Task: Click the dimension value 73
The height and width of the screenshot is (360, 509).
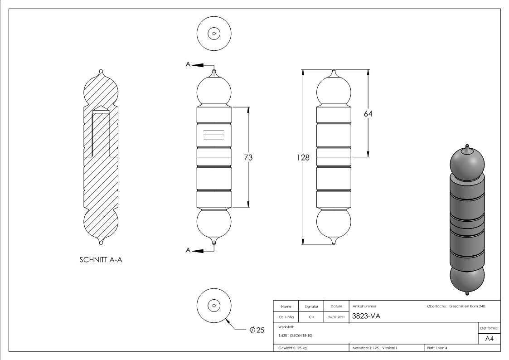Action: (x=248, y=157)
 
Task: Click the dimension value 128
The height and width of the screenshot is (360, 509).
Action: (x=303, y=157)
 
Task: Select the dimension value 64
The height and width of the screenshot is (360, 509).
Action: (x=368, y=114)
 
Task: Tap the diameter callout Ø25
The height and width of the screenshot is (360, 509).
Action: (x=257, y=330)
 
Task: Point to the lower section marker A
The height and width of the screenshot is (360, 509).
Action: (x=188, y=250)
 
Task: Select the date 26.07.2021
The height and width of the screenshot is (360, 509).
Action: (x=335, y=317)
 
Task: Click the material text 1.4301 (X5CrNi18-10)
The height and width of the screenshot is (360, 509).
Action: (x=294, y=336)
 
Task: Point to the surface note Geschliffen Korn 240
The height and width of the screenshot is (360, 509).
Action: (x=467, y=306)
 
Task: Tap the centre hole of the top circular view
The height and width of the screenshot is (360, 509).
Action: (x=214, y=34)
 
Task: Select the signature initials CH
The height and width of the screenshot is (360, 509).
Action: (x=311, y=317)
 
